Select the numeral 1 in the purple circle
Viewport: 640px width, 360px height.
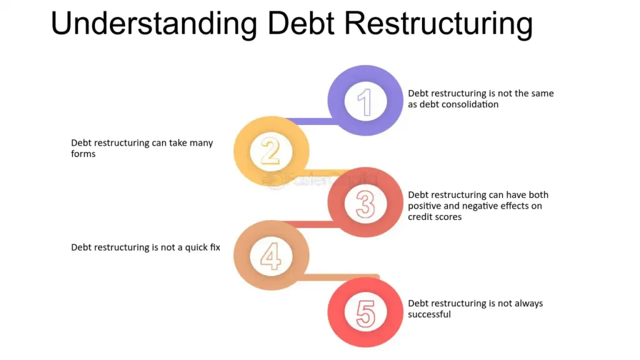pyautogui.click(x=365, y=102)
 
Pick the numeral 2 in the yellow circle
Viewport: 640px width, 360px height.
pyautogui.click(x=270, y=151)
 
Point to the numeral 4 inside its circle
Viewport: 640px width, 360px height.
pyautogui.click(x=271, y=256)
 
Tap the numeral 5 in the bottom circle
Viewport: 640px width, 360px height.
pyautogui.click(x=366, y=314)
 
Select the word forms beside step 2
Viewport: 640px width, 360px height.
pyautogui.click(x=83, y=154)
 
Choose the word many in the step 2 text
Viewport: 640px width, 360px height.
pyautogui.click(x=201, y=143)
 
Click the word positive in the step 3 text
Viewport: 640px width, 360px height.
pyautogui.click(x=424, y=206)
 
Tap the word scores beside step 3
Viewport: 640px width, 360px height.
pyautogui.click(x=448, y=217)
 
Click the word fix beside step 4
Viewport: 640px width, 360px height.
pyautogui.click(x=215, y=247)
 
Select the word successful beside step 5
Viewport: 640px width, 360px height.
pyautogui.click(x=429, y=314)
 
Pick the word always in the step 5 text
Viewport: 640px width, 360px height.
pyautogui.click(x=528, y=304)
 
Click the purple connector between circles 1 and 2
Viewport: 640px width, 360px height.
pyautogui.click(x=310, y=121)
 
